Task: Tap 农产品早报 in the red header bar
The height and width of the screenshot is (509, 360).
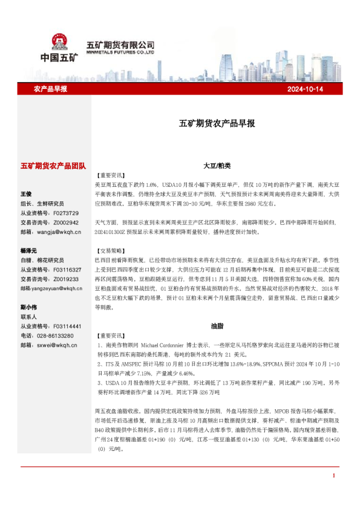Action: (50, 89)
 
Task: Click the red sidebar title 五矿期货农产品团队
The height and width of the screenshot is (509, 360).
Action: (53, 165)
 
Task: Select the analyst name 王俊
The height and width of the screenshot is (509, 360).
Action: (26, 194)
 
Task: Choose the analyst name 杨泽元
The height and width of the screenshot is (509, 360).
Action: (29, 250)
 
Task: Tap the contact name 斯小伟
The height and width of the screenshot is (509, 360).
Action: (29, 307)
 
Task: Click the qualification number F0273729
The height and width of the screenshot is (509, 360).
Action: (66, 213)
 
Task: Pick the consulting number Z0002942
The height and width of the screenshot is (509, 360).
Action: (66, 222)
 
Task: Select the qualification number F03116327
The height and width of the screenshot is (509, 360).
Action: (67, 270)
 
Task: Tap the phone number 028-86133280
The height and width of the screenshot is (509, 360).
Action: (59, 336)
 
